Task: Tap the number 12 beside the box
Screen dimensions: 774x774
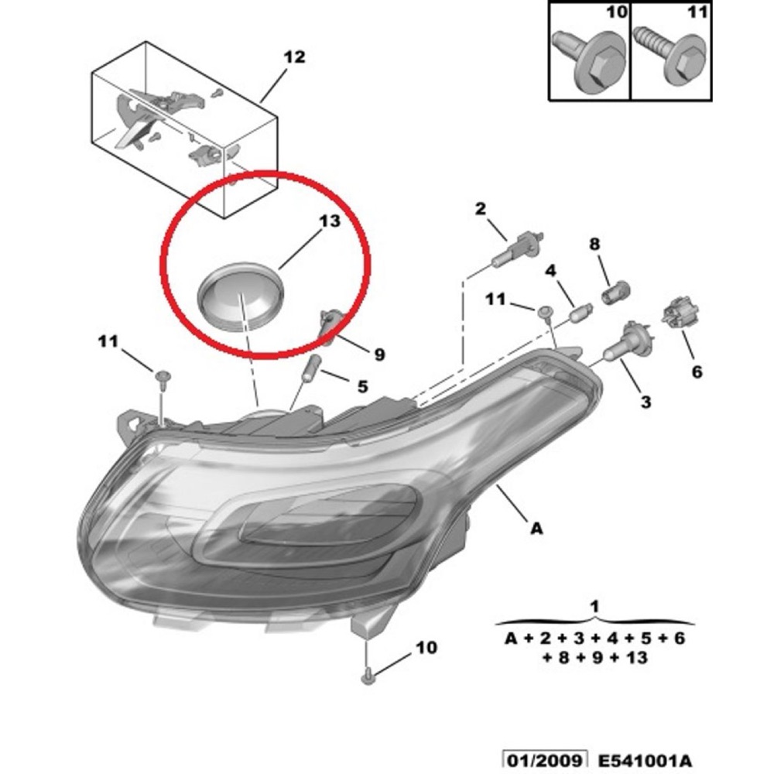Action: [x=294, y=57]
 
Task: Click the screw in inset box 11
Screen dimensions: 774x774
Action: [x=670, y=59]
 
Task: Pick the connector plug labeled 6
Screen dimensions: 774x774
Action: [x=680, y=312]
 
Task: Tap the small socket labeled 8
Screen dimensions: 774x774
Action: [x=616, y=293]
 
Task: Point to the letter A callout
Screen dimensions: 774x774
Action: [x=536, y=529]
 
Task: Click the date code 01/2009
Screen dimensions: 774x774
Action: [x=544, y=760]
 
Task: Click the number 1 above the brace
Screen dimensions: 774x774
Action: [x=594, y=606]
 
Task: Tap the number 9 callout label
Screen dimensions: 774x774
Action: [x=379, y=354]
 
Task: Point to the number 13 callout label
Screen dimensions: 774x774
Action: [x=330, y=221]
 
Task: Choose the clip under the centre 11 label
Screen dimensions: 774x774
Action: [x=545, y=312]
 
